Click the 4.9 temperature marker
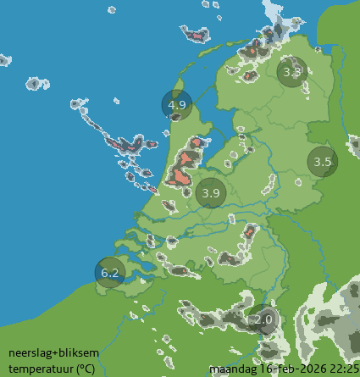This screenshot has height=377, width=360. tap(177, 104)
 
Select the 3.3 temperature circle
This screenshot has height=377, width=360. tap(292, 72)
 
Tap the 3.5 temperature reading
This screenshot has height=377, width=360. tap(322, 161)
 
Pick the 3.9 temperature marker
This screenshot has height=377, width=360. tap(211, 193)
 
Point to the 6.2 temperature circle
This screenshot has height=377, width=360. tap(110, 272)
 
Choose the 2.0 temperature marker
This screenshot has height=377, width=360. tap(263, 320)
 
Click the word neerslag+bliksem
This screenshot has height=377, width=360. tap(42, 353)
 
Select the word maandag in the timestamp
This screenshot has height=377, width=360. tap(230, 369)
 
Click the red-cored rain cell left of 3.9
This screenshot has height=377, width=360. tap(180, 175)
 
